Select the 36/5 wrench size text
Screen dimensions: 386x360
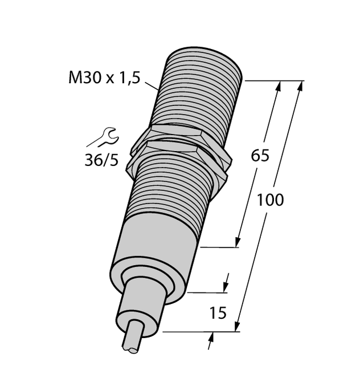pyautogui.click(x=101, y=161)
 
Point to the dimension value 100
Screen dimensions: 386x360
pyautogui.click(x=270, y=200)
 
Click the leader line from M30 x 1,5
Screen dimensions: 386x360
pyautogui.click(x=152, y=87)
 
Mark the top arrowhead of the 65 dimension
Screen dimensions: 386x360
pyautogui.click(x=278, y=87)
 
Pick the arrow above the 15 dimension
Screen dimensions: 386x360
pyautogui.click(x=227, y=283)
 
